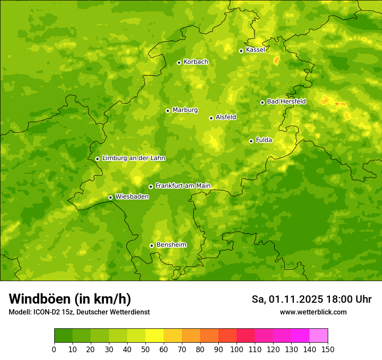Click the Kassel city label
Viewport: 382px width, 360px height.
pos(255,50)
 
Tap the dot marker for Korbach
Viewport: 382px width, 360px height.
pos(179,62)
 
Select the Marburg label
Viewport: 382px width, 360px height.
pos(185,110)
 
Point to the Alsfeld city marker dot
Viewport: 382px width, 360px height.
pos(211,118)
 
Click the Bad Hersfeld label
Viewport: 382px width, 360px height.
pos(286,101)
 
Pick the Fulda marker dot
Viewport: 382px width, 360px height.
pos(251,141)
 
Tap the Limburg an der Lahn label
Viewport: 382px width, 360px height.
pos(133,158)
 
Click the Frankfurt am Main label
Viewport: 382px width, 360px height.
pos(183,186)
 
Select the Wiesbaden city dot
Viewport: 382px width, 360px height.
pos(110,197)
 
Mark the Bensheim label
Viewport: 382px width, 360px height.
pos(171,245)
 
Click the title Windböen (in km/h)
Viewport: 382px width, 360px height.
pos(69,299)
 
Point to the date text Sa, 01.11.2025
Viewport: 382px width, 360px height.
pos(287,299)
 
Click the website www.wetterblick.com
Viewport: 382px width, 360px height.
pos(313,312)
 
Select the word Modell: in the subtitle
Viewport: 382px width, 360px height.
pos(20,312)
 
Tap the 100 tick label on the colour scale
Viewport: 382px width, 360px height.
pos(237,349)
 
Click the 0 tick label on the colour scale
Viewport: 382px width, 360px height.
pos(54,349)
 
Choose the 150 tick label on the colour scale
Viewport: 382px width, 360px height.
pos(328,349)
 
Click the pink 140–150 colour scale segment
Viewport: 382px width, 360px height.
pos(319,336)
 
